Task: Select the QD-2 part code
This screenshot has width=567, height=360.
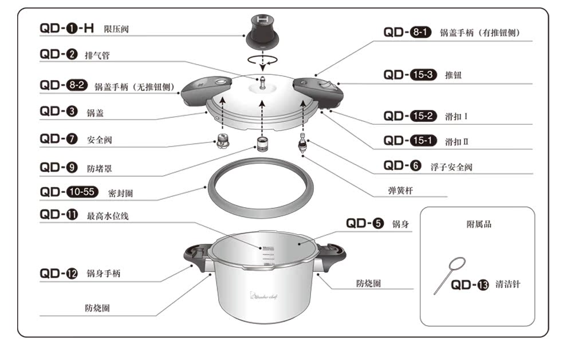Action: click(x=58, y=55)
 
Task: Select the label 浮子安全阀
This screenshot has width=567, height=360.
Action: click(x=451, y=167)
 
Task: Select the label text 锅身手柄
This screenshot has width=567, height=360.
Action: click(x=104, y=274)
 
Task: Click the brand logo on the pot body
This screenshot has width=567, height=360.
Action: click(x=265, y=295)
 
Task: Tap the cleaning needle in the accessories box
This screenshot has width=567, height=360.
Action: click(x=449, y=275)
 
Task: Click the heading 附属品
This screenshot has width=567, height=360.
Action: click(x=479, y=224)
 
